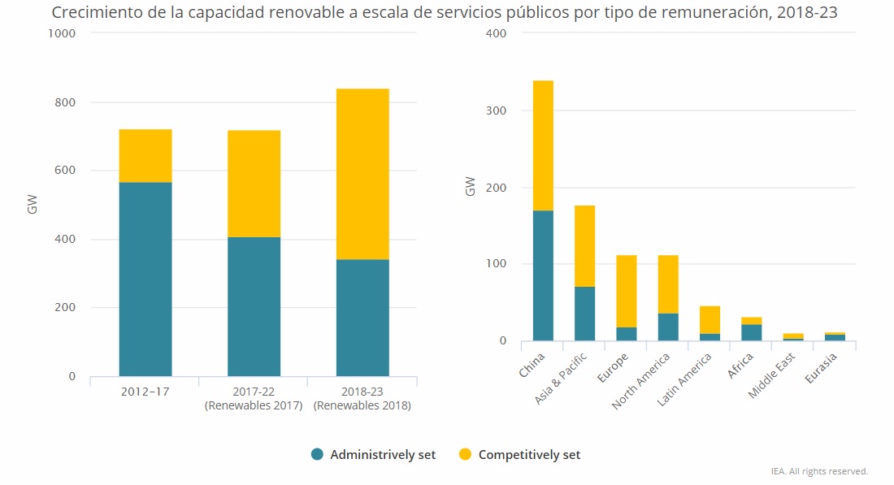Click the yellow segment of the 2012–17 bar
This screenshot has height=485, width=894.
click(145, 155)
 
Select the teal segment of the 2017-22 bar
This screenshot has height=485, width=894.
click(254, 306)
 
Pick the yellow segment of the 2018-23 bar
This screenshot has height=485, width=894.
click(362, 174)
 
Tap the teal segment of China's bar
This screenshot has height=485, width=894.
click(543, 275)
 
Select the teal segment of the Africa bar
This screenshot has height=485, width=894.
click(752, 332)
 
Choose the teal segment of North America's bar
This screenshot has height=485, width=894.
click(669, 327)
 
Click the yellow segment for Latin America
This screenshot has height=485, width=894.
click(710, 320)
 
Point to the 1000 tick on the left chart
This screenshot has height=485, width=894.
click(62, 33)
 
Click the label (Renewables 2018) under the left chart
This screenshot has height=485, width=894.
click(362, 405)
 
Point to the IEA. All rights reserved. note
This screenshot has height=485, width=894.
click(819, 471)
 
